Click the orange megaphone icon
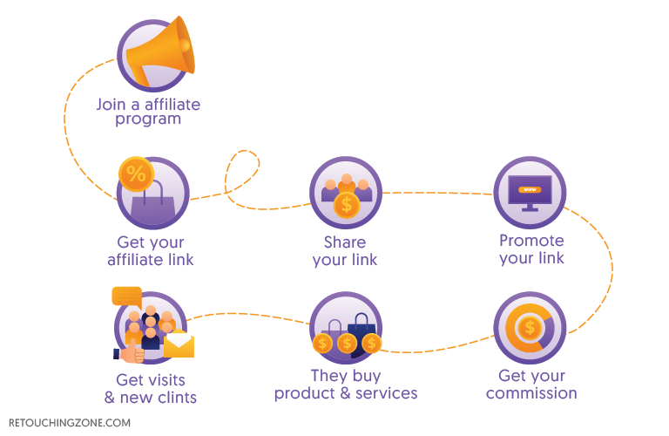(160, 51)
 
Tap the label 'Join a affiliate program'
(148, 112)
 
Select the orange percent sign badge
(135, 174)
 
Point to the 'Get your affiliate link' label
(151, 251)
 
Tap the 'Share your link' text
(345, 251)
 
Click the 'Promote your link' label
(531, 249)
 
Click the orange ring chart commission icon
(529, 328)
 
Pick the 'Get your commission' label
(531, 385)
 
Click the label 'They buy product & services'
(346, 385)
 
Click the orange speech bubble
(127, 296)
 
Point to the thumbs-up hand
(131, 353)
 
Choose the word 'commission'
(531, 393)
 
